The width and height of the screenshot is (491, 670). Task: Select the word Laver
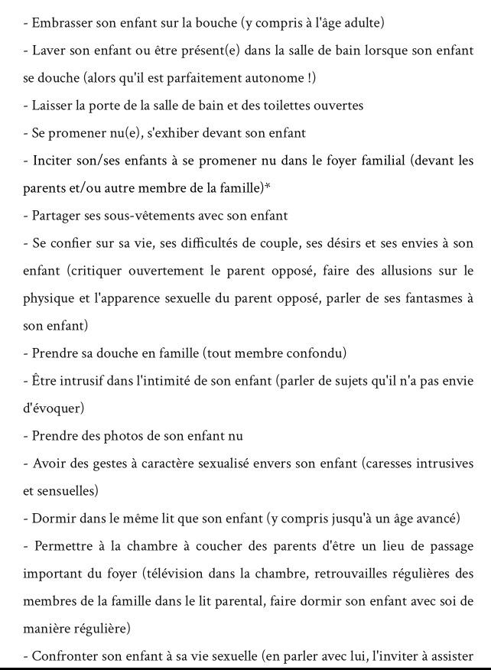(x=49, y=50)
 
